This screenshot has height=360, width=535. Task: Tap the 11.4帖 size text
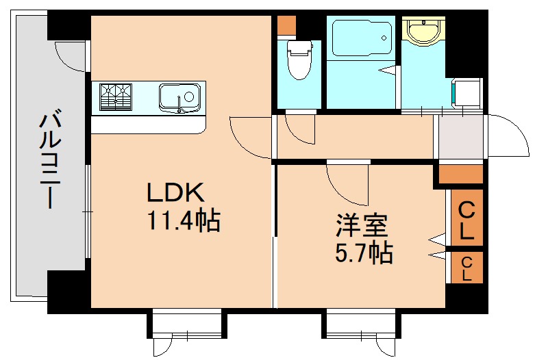[182, 220]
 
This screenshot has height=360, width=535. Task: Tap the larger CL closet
[466, 219]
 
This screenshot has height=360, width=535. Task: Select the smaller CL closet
[466, 268]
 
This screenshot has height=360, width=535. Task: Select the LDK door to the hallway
[250, 137]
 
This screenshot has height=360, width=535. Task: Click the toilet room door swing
[300, 129]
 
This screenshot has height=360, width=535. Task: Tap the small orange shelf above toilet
[286, 26]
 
